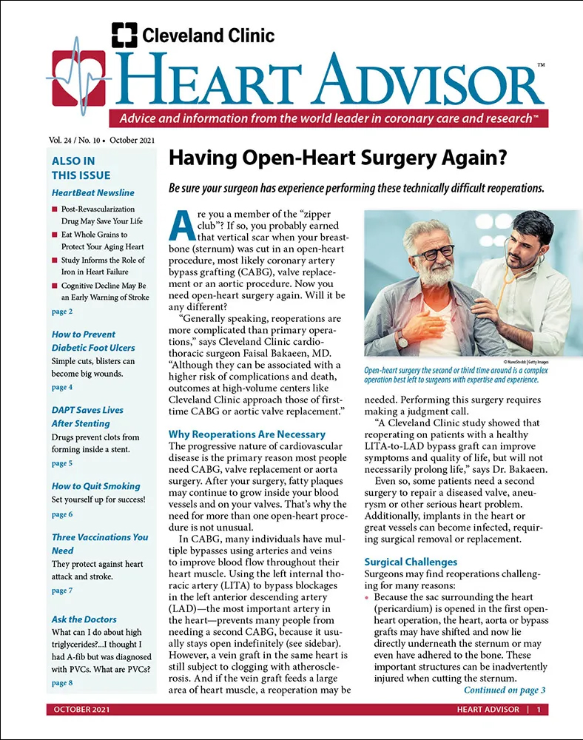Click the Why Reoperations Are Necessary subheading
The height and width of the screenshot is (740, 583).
(247, 434)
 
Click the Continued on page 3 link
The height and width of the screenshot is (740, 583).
(504, 690)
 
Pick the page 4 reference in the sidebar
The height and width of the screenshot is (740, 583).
(62, 387)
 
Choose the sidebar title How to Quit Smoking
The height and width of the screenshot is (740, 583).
(95, 486)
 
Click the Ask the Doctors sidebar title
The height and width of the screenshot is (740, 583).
(84, 619)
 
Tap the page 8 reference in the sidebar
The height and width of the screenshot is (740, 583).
(62, 683)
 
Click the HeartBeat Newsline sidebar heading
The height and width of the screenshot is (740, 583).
(93, 193)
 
